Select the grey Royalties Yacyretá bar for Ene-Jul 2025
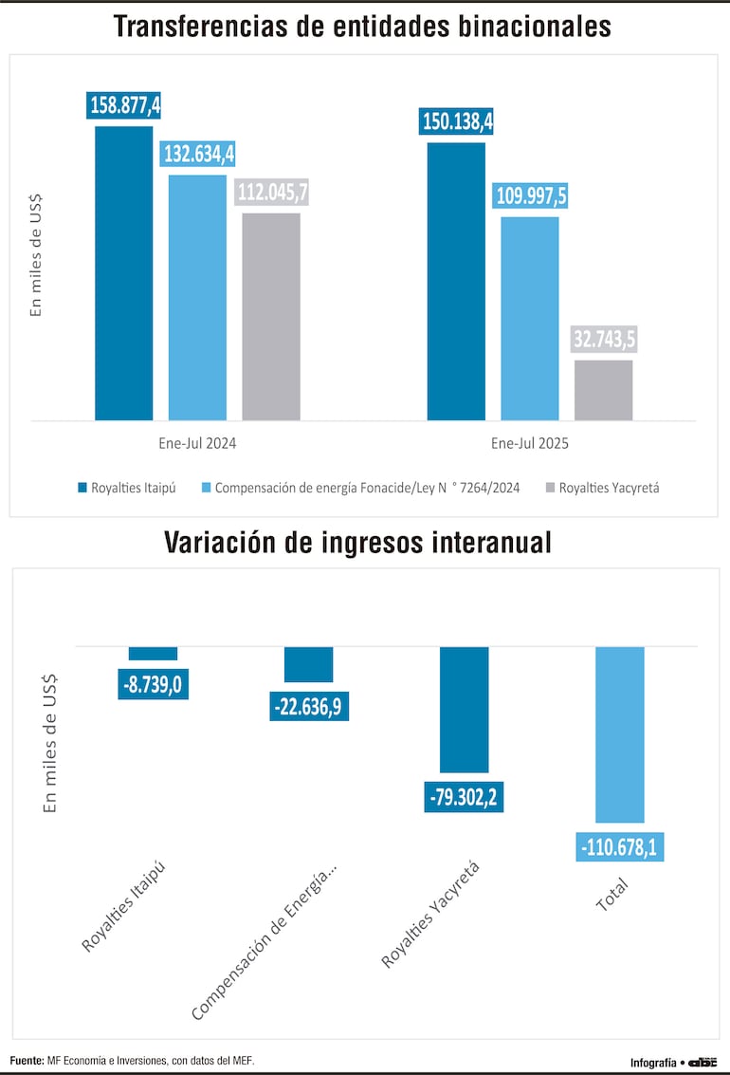(x=603, y=390)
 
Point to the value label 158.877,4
(x=124, y=104)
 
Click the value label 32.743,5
(x=603, y=339)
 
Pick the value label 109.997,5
(x=530, y=195)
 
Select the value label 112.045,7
(x=271, y=192)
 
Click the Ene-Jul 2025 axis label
(x=529, y=443)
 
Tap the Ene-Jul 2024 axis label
(x=197, y=443)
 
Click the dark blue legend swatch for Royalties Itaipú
(x=82, y=488)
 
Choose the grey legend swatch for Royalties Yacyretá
(x=550, y=488)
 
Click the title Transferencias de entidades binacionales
(x=362, y=26)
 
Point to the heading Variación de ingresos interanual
(x=357, y=542)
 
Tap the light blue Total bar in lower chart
(x=619, y=734)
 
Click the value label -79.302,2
(x=464, y=797)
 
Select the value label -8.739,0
(x=153, y=684)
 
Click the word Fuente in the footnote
(x=27, y=1060)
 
